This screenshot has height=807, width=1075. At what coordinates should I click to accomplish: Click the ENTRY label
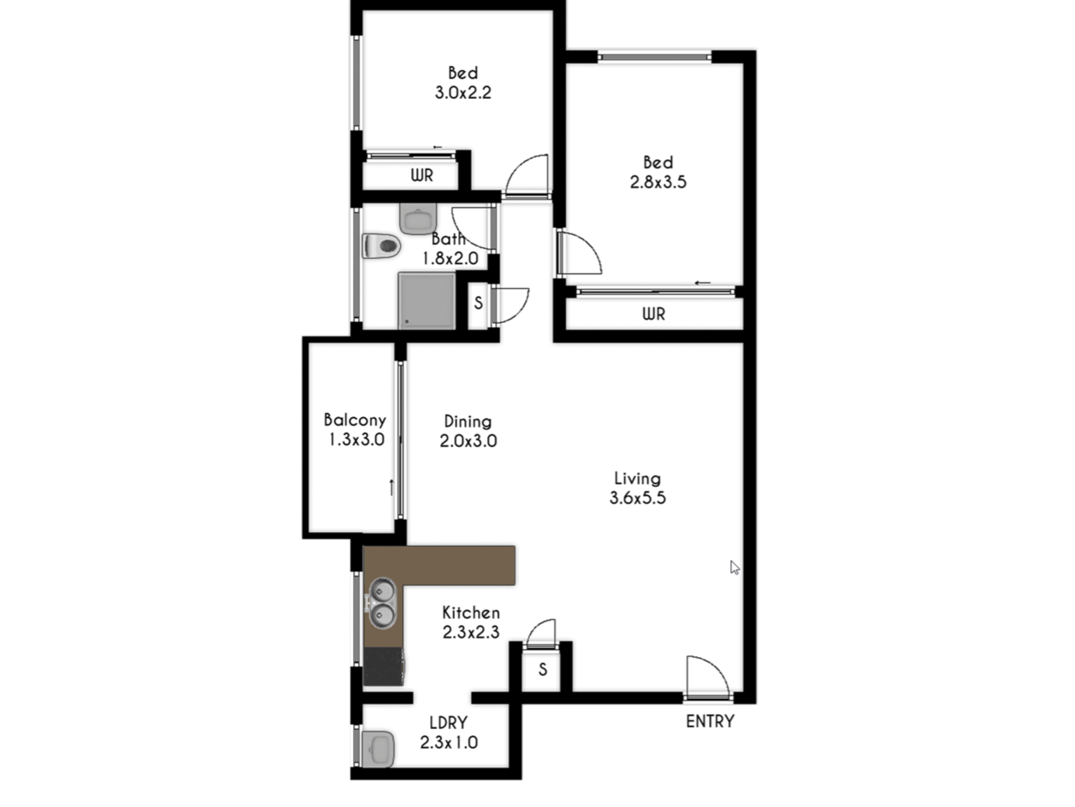point(710,721)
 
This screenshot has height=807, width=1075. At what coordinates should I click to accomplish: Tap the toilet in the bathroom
point(381,246)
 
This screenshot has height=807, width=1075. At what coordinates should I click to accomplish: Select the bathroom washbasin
point(418,218)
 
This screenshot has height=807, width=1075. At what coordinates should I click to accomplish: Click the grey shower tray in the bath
point(426,301)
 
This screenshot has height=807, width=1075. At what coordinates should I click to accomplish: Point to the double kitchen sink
point(382,603)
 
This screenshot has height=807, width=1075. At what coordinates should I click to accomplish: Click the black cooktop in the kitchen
point(384,667)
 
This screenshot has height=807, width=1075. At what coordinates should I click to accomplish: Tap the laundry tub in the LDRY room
point(377,749)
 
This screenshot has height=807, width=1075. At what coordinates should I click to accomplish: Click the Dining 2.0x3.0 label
point(468,431)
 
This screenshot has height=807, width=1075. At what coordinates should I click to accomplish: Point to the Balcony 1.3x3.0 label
point(355,429)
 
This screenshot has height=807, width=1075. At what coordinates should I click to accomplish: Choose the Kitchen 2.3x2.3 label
point(471,622)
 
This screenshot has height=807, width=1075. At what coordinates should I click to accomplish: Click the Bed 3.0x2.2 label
point(463,83)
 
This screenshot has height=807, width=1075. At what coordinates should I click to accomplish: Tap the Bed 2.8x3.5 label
point(658,172)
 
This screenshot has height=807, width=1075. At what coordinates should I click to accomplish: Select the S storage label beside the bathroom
point(478,303)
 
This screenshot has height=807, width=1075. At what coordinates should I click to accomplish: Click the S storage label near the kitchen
point(542,669)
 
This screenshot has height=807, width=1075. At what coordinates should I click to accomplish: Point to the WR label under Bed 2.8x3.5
point(654,314)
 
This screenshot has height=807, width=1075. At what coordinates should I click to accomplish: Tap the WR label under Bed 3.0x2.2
point(421,175)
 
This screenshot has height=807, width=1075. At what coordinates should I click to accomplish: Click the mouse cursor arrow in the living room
point(735,568)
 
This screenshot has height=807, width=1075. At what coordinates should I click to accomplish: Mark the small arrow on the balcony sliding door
point(391,487)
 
